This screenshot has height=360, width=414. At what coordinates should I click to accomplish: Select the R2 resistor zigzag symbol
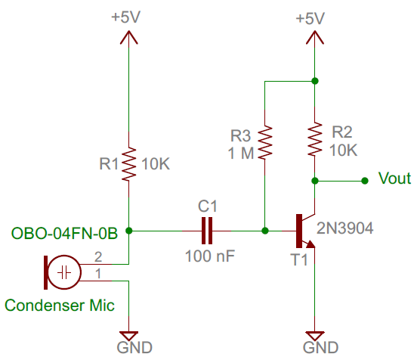coord(314,140)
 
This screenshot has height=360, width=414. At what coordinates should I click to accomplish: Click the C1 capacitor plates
coord(208,228)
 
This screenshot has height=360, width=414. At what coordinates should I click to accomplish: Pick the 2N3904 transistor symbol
coord(304,230)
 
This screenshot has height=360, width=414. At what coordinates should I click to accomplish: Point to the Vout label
coord(394,179)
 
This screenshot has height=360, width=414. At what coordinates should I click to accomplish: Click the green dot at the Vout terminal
coord(365,180)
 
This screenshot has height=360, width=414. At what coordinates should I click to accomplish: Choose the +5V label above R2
coord(314,17)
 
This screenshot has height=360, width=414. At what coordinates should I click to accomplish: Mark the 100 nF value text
coord(209,256)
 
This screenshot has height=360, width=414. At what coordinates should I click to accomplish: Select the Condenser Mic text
coord(60,306)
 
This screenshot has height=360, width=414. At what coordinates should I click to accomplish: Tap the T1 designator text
coord(300,259)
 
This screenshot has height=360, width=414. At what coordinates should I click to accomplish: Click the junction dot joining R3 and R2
coord(314,80)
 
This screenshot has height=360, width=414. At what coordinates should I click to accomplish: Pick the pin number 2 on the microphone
coord(97,256)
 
